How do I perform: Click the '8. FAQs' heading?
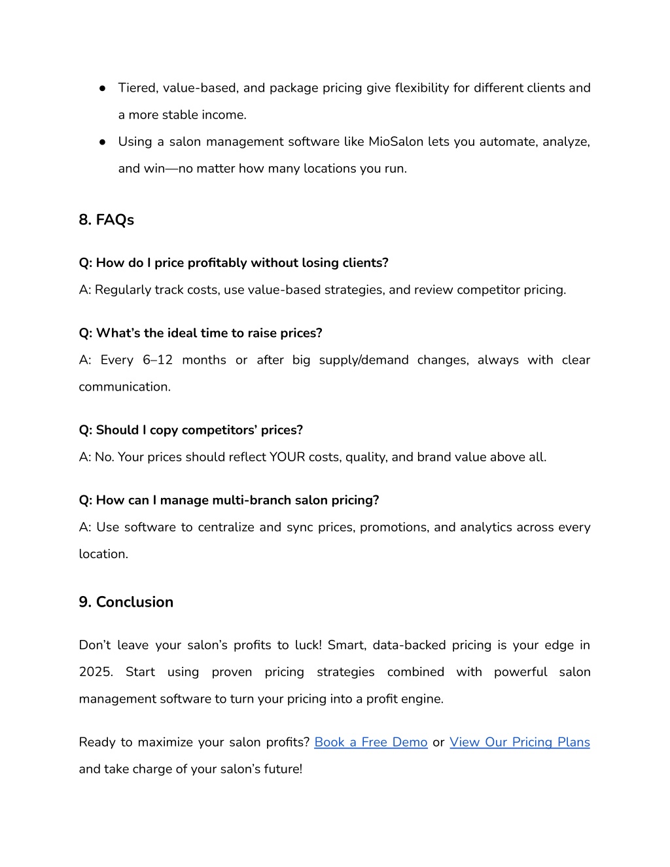coord(106,220)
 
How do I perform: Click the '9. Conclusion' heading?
coord(126,602)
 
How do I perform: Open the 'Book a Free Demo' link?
coord(370,742)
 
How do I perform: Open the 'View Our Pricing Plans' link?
coord(520,742)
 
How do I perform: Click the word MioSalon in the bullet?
coord(396,141)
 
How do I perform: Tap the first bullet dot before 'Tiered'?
coord(103,88)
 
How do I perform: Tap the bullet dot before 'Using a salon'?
coord(103,141)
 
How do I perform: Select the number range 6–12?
coord(157,360)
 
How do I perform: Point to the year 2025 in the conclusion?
coord(96,672)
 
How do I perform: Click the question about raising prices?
coord(200,333)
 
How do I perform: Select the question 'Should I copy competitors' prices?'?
coord(190,430)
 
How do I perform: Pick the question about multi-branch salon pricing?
coord(228,500)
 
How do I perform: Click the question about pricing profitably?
coord(234,262)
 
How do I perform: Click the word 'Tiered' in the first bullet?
coord(136,88)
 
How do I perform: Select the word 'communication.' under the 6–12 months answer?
coord(124,387)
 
